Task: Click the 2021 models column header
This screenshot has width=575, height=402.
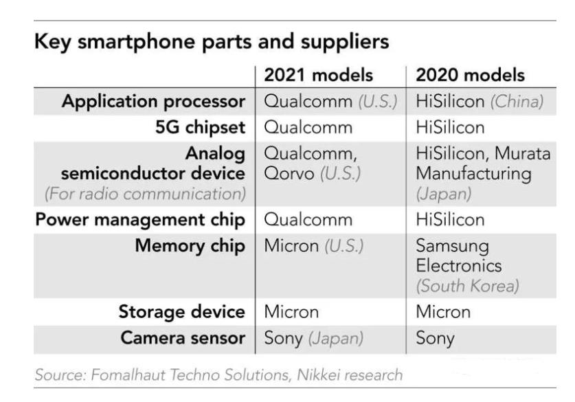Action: tap(318, 75)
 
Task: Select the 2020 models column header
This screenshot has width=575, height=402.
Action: tap(470, 75)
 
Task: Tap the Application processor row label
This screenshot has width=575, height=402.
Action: tap(153, 102)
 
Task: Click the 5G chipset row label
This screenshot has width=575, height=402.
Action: tap(200, 128)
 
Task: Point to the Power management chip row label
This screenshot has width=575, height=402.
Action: tap(140, 220)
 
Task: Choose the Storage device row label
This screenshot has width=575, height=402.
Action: tap(182, 312)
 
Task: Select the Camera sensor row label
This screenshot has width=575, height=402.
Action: tap(183, 338)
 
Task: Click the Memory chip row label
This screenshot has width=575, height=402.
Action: tap(190, 246)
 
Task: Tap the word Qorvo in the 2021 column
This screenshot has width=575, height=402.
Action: tap(289, 174)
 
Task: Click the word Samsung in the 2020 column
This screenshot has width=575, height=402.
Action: tap(453, 247)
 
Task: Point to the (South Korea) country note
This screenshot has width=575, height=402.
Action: tap(468, 286)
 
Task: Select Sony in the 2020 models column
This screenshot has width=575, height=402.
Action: tap(436, 339)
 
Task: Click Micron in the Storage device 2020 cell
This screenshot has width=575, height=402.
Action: tap(443, 312)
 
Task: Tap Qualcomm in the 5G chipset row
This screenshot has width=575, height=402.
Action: tap(308, 128)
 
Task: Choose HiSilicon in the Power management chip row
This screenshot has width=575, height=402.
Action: tap(451, 220)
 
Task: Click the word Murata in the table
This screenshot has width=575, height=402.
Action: tap(523, 154)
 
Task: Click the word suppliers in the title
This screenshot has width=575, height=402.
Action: tap(345, 42)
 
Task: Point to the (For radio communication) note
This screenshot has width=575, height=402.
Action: tap(145, 194)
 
